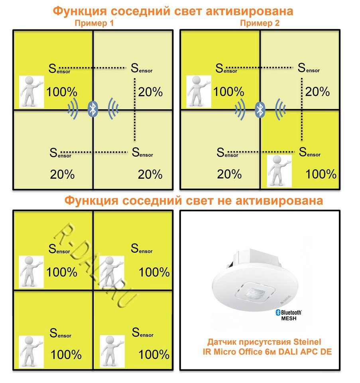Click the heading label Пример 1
94,23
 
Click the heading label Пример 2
260,23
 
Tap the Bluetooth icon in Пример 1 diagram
93,109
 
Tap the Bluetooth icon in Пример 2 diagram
260,109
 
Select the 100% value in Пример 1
62,92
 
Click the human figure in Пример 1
31,92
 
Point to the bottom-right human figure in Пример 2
279,171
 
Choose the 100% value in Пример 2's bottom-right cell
321,174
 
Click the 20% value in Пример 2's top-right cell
317,92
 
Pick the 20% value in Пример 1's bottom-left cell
62,175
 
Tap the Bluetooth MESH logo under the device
289,315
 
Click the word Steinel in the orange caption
307,342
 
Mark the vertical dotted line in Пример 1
135,109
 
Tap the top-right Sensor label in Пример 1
142,68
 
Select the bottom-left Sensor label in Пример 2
228,152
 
